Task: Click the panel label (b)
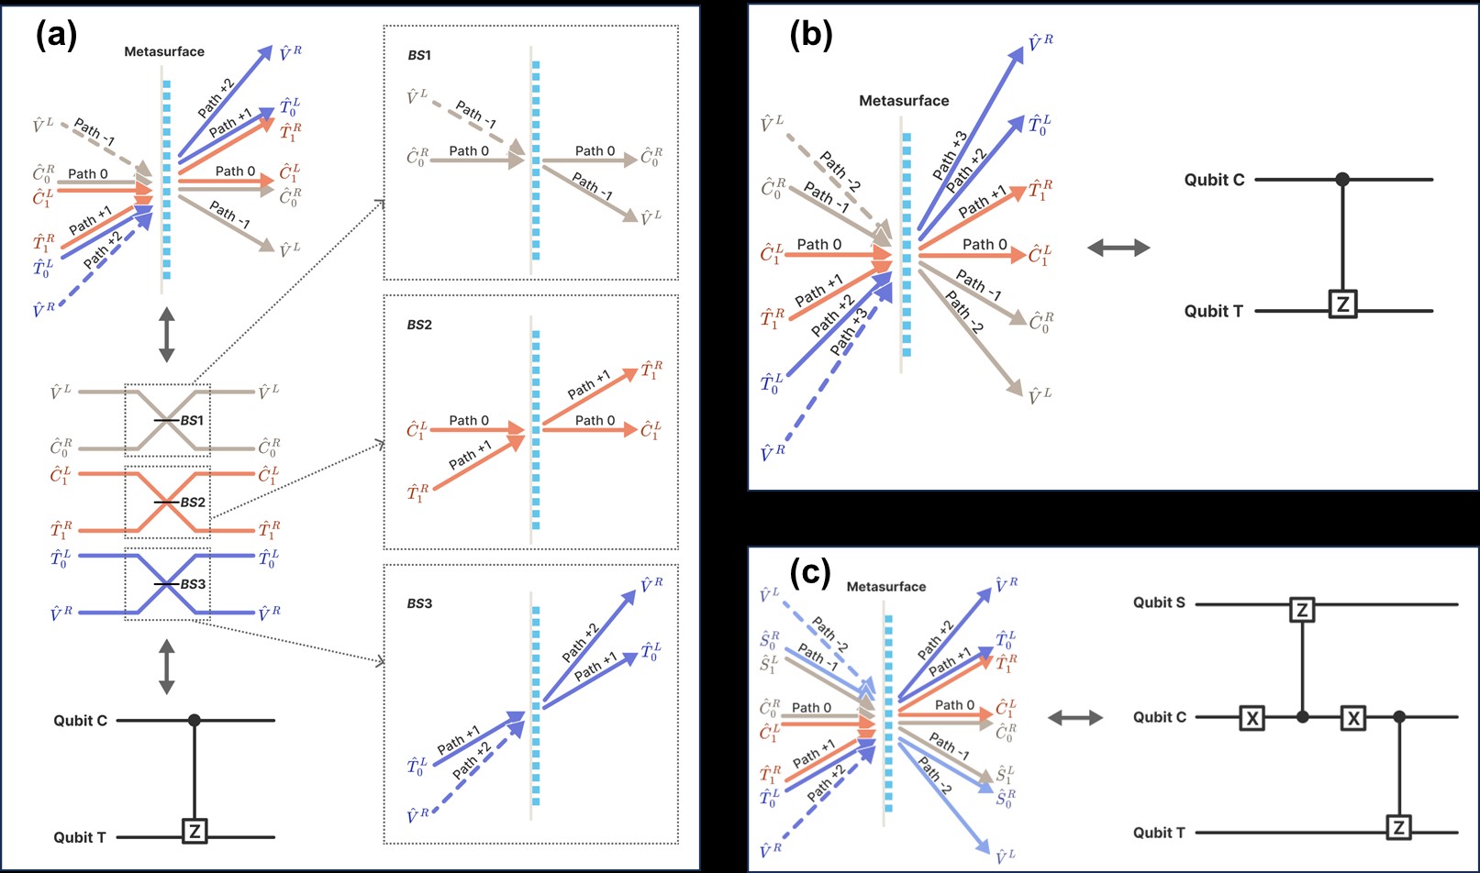pyautogui.click(x=811, y=35)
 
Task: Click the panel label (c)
pyautogui.click(x=811, y=573)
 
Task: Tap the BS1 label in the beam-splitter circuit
pyautogui.click(x=192, y=421)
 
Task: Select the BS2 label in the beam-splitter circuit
pyautogui.click(x=193, y=503)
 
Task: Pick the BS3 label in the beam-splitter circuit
pyautogui.click(x=193, y=584)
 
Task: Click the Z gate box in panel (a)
pyautogui.click(x=194, y=831)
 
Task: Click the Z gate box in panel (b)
pyautogui.click(x=1342, y=304)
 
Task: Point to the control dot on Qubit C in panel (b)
pyautogui.click(x=1342, y=180)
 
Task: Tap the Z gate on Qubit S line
pyautogui.click(x=1302, y=609)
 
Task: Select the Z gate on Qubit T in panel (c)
pyautogui.click(x=1398, y=828)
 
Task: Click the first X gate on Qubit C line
pyautogui.click(x=1252, y=718)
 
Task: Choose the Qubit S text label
pyautogui.click(x=1159, y=602)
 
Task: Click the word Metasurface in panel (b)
pyautogui.click(x=904, y=101)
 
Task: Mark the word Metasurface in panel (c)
pyautogui.click(x=886, y=587)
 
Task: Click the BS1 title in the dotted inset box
pyautogui.click(x=419, y=56)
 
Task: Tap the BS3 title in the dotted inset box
pyautogui.click(x=419, y=603)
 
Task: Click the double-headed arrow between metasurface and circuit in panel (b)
pyautogui.click(x=1118, y=248)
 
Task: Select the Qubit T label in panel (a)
pyautogui.click(x=80, y=836)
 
